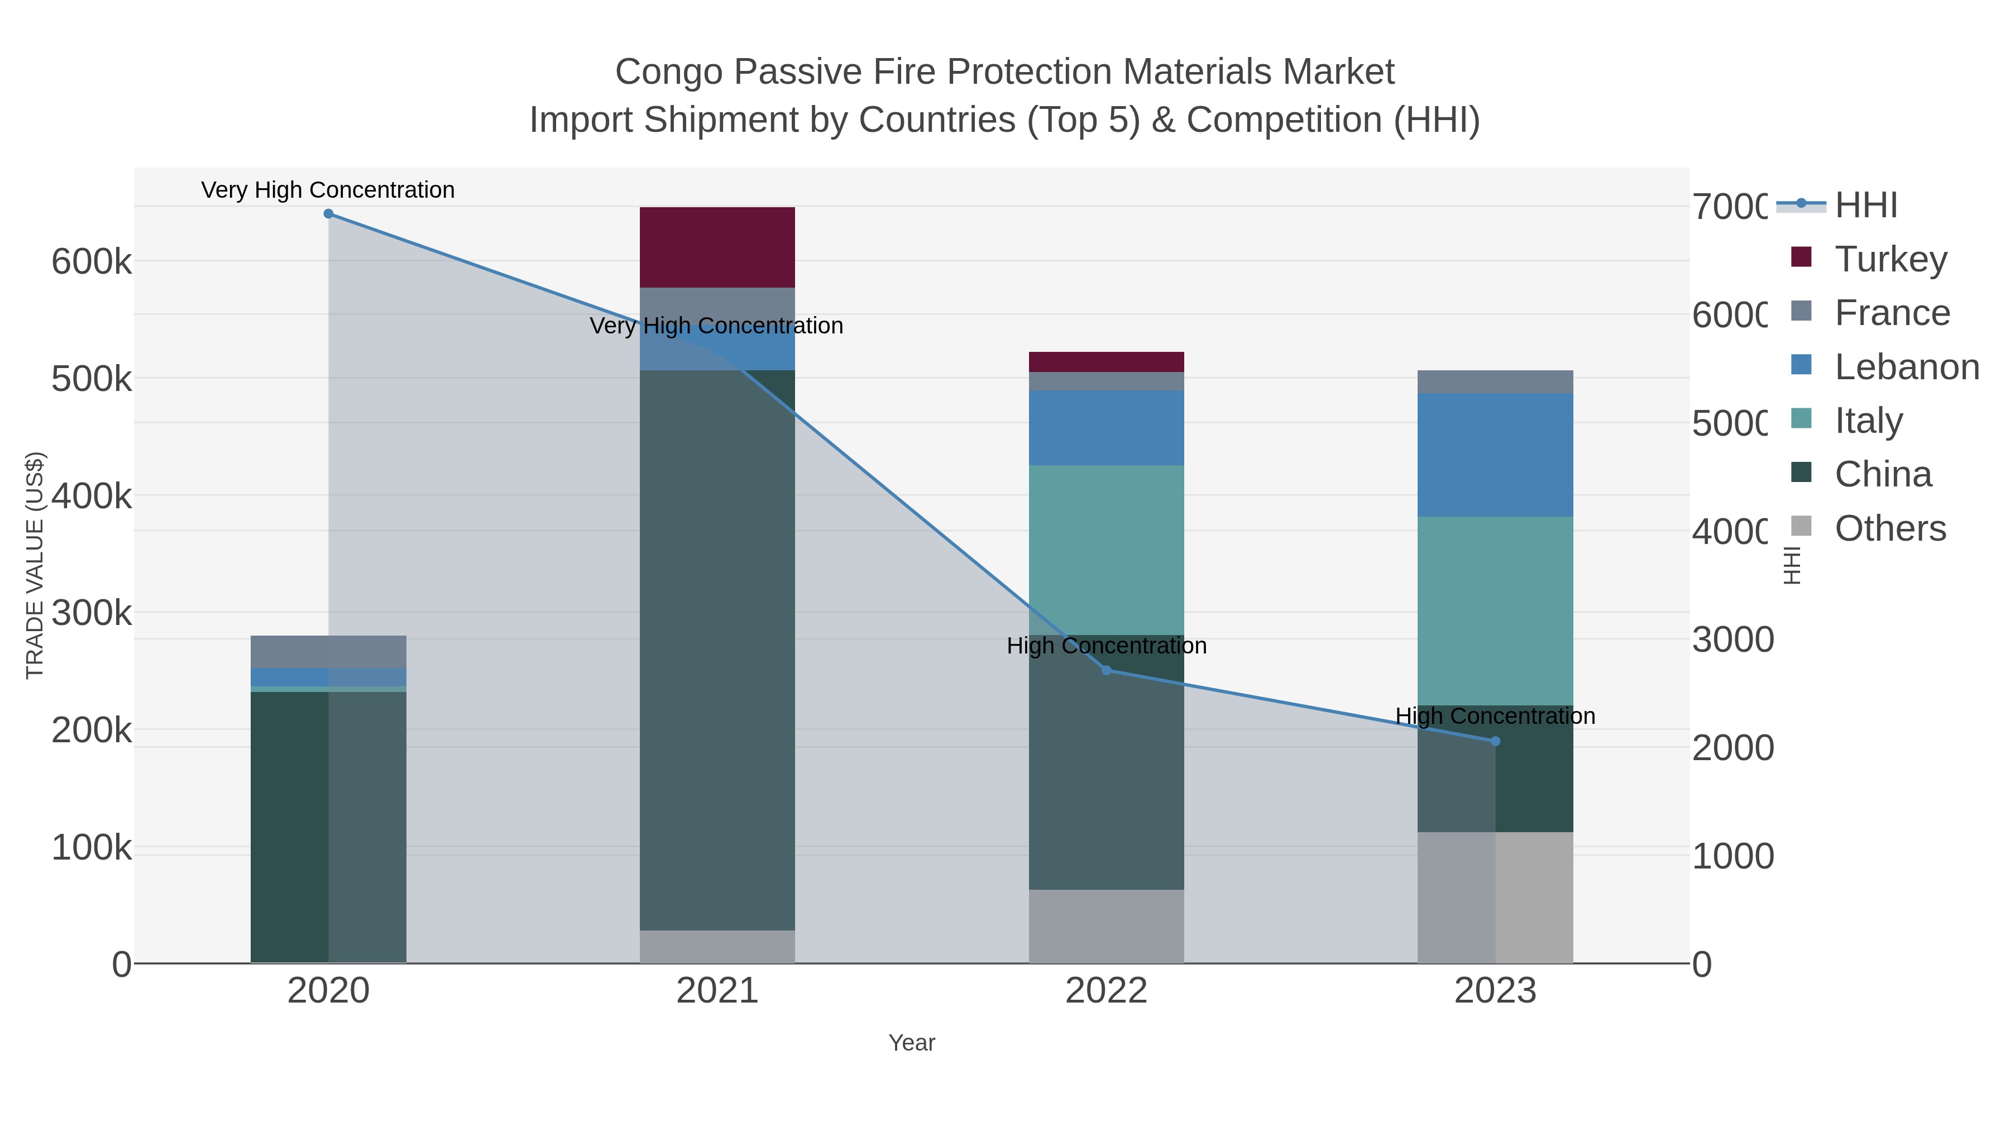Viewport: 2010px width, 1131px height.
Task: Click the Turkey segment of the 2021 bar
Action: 717,247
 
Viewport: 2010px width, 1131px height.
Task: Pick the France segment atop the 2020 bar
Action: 328,651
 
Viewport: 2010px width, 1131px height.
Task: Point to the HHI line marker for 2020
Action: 328,214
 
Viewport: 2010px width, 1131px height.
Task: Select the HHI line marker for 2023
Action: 1495,742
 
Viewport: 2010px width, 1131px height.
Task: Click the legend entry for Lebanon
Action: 1906,367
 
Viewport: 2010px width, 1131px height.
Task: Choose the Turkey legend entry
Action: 1891,259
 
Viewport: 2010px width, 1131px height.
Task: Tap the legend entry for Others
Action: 1890,528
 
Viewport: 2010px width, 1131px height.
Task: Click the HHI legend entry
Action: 1865,206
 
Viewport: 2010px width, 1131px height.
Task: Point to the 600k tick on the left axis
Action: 92,263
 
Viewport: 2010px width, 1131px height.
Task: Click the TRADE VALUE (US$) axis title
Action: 35,565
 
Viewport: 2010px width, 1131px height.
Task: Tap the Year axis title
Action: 911,1043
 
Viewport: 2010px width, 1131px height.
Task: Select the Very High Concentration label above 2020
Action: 328,190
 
